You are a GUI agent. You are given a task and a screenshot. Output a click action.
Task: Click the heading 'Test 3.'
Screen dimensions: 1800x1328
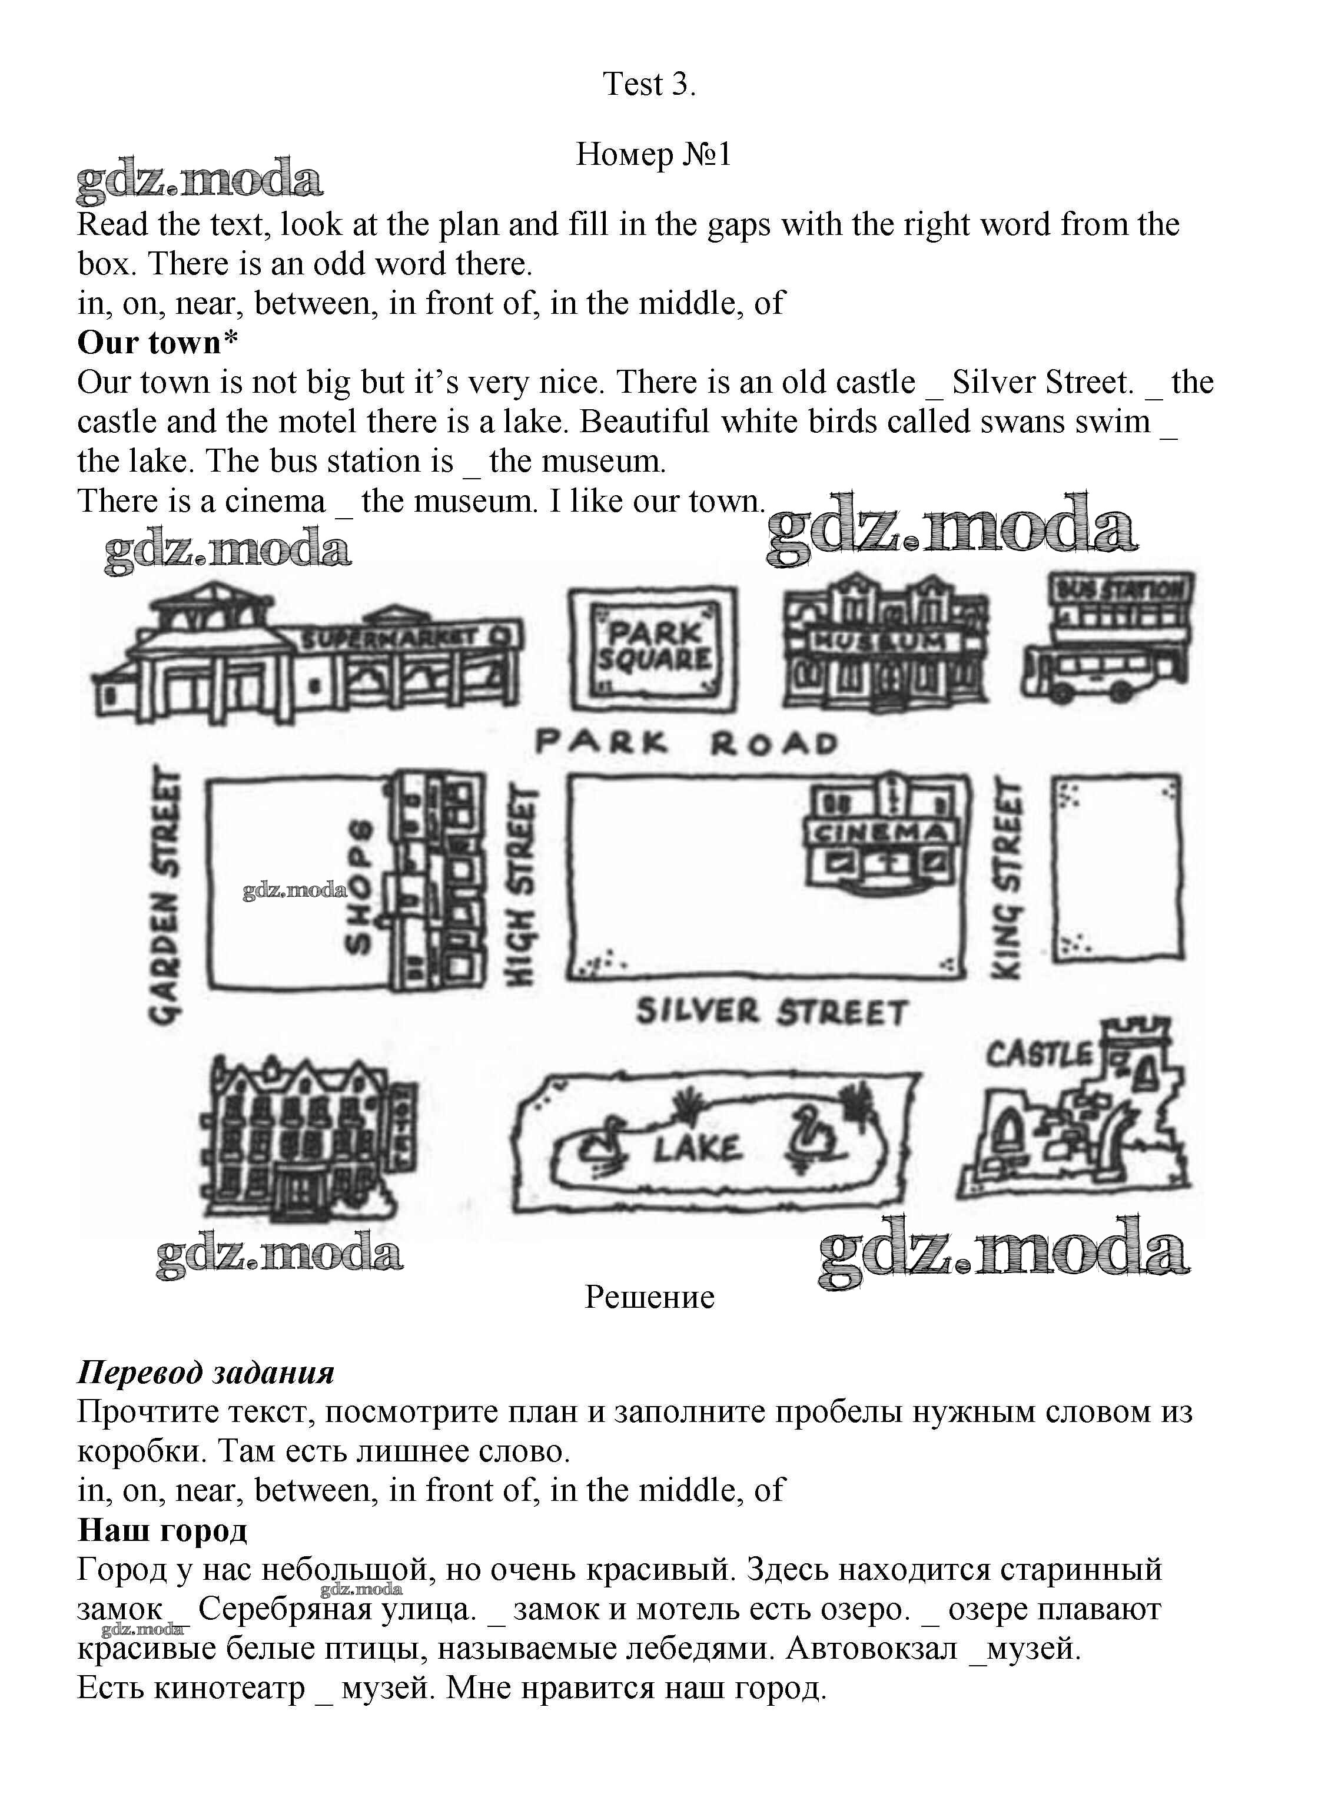[649, 84]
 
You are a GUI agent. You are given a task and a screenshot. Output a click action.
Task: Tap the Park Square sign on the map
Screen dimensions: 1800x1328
[653, 647]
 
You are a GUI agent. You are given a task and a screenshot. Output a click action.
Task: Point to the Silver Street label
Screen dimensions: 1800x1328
[772, 1012]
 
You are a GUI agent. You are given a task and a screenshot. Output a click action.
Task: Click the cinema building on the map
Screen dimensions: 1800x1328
[881, 837]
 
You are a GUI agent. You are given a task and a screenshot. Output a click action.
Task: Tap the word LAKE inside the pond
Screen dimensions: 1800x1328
[697, 1149]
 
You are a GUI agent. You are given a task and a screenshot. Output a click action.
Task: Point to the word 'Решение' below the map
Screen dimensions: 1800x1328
[649, 1297]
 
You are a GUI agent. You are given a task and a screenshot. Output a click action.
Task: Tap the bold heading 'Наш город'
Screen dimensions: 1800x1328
[162, 1530]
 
